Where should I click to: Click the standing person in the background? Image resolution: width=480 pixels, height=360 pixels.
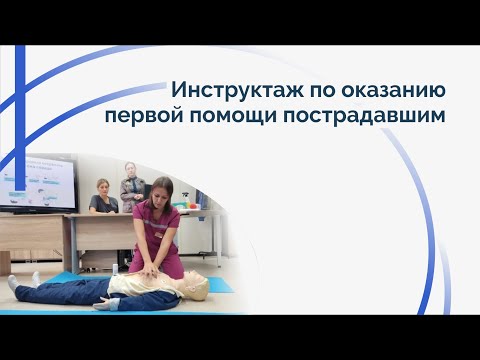pos(129,185)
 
